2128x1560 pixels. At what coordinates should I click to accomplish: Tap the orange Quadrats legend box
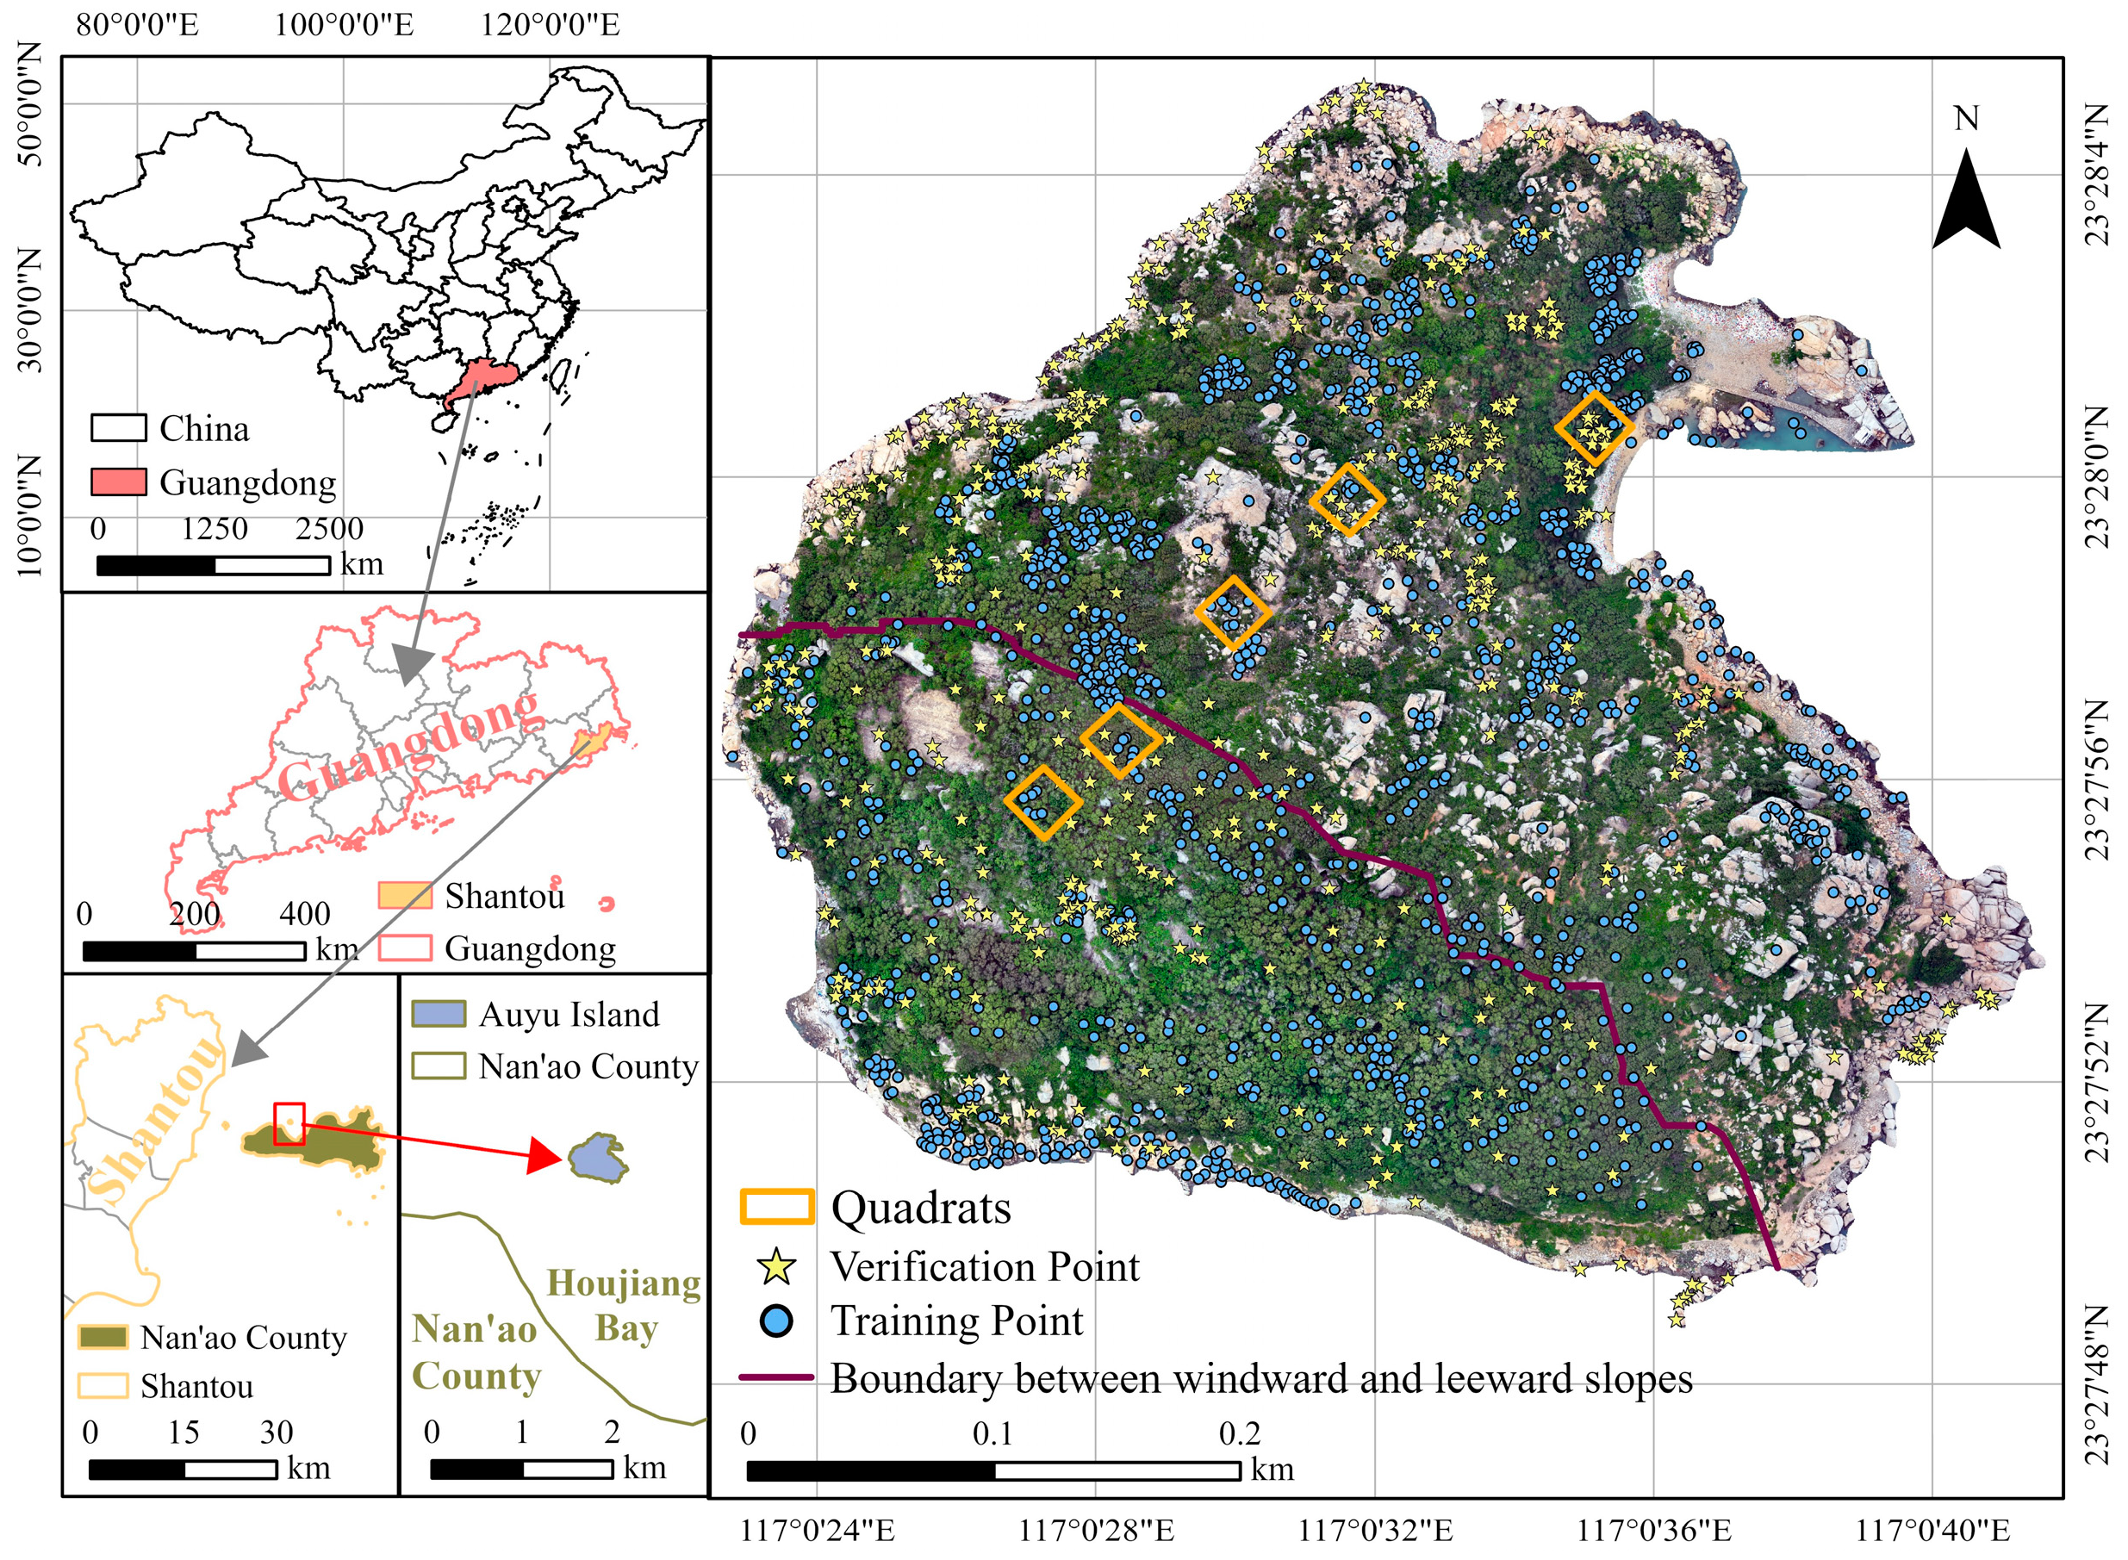click(776, 1208)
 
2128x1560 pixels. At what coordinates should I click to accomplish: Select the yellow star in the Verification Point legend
click(776, 1266)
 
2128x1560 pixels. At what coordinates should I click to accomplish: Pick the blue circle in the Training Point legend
click(776, 1321)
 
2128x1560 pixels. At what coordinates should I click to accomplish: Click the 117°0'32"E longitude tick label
click(1375, 1530)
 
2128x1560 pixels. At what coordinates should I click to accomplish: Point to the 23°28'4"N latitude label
click(2098, 175)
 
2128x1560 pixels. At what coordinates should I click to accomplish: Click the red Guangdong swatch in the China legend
click(118, 482)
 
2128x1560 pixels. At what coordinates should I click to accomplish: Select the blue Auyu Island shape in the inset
click(598, 1158)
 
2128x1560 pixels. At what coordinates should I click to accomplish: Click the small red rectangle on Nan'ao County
click(289, 1124)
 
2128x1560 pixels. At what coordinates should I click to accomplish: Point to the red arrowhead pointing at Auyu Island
click(545, 1154)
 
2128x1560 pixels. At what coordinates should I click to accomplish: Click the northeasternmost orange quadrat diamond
click(1595, 428)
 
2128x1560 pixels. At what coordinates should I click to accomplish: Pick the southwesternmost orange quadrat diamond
click(1042, 802)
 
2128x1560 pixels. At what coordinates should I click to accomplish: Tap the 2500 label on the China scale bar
click(329, 529)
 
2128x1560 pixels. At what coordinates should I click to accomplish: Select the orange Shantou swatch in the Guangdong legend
click(405, 895)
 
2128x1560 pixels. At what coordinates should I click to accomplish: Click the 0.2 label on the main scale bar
click(1239, 1434)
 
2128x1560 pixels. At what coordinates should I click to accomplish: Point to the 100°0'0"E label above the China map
click(344, 25)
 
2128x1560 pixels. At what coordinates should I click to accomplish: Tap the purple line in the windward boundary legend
click(776, 1377)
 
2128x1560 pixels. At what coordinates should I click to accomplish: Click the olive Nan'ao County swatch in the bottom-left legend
click(103, 1337)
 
